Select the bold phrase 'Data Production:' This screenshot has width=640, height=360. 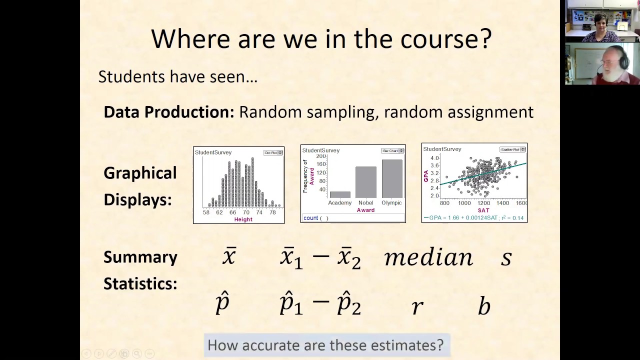[168, 112]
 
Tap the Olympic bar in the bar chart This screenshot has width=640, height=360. [391, 178]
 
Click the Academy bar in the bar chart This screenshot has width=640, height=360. [340, 194]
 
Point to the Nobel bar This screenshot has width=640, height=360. [365, 182]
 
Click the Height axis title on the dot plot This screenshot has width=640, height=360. [243, 219]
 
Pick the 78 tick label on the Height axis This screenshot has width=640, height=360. [272, 212]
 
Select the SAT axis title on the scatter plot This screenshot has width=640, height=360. [483, 210]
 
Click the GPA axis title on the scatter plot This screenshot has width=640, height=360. [426, 176]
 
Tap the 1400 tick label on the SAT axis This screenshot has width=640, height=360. [502, 203]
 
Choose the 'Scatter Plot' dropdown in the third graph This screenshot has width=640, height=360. [512, 149]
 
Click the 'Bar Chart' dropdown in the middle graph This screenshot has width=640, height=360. [392, 150]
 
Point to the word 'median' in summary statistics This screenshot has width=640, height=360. [428, 257]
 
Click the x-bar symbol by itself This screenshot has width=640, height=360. [229, 256]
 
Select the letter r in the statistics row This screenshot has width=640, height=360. [417, 306]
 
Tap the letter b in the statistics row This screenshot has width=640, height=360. [483, 305]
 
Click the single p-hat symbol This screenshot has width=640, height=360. [222, 303]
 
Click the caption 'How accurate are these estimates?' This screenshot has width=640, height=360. [325, 345]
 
